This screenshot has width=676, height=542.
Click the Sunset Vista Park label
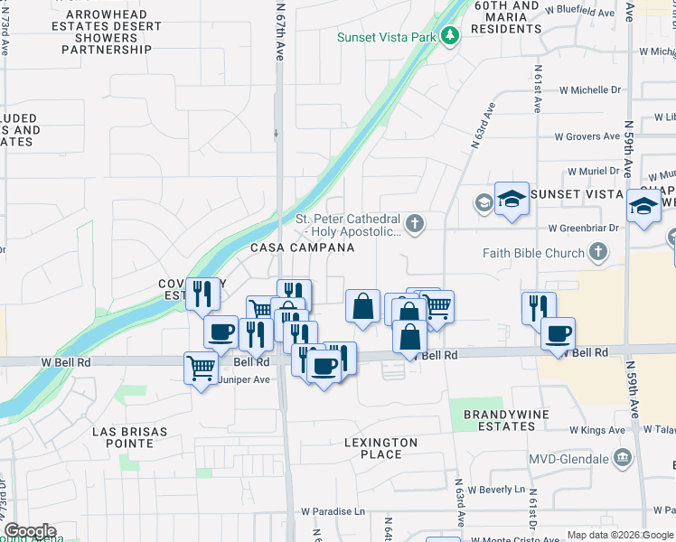pyautogui.click(x=387, y=37)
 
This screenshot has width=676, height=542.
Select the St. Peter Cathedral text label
pyautogui.click(x=349, y=225)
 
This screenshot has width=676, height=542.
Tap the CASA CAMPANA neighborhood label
pyautogui.click(x=289, y=248)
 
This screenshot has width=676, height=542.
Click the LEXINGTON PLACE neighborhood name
pyautogui.click(x=380, y=448)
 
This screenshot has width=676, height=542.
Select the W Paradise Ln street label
pyautogui.click(x=333, y=511)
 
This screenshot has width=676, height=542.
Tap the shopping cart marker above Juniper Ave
pyautogui.click(x=201, y=367)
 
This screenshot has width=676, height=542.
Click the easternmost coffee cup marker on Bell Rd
pyautogui.click(x=558, y=333)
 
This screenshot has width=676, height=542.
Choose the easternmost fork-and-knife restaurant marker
pyautogui.click(x=538, y=307)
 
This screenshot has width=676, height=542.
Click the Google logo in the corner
pyautogui.click(x=29, y=531)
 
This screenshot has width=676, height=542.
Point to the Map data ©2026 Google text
pyautogui.click(x=620, y=535)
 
